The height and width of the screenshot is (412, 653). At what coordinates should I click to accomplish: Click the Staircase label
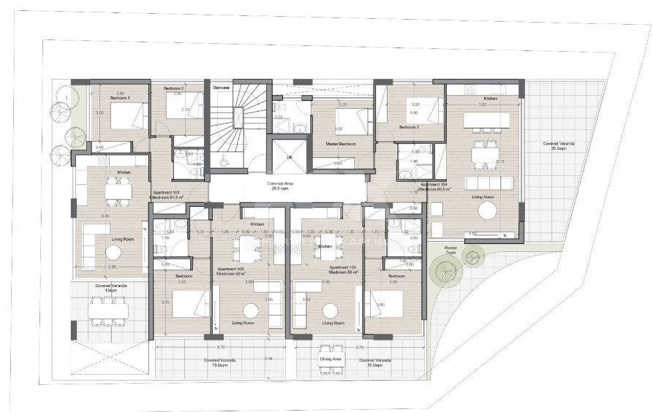[221, 87]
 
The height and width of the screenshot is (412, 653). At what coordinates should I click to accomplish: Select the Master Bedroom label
[340, 145]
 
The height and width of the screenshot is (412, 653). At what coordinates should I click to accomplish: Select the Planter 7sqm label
[452, 251]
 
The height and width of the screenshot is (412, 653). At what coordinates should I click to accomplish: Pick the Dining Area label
[331, 359]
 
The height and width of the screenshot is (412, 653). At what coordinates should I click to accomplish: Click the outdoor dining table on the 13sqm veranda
[109, 310]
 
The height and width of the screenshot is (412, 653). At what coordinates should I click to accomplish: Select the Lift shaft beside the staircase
[289, 156]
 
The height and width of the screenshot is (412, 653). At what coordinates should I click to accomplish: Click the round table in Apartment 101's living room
[113, 252]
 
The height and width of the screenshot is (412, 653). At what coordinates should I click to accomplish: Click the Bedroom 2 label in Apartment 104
[408, 126]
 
